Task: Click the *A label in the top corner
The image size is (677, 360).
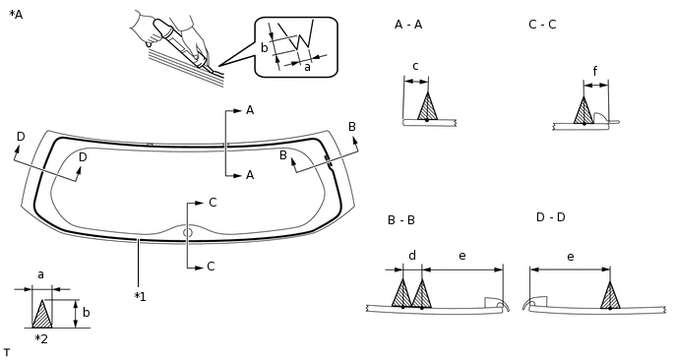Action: (15, 15)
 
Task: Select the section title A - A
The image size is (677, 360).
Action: (408, 24)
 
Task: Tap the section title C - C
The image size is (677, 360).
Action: (542, 24)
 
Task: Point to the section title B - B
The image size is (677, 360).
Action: (400, 220)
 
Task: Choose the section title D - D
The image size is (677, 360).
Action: (550, 216)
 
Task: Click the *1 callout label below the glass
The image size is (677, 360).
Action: (140, 296)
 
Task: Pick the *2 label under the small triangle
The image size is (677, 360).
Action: (41, 339)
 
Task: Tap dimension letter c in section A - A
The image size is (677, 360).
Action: (415, 67)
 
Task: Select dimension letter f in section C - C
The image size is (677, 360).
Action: (594, 71)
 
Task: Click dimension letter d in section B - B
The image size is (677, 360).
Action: (411, 256)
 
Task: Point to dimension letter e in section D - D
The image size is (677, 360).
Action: (570, 256)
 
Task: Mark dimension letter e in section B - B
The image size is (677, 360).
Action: (462, 256)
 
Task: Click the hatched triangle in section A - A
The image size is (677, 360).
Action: (427, 108)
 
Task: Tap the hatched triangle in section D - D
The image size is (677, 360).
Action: (610, 296)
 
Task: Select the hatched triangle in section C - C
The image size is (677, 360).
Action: (584, 111)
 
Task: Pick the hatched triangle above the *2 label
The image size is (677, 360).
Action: (41, 316)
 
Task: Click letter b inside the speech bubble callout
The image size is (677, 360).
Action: (264, 47)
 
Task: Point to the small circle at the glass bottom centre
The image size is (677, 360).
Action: (188, 232)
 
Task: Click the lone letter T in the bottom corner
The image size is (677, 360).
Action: (7, 352)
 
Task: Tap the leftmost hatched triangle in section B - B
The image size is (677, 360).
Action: (401, 295)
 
